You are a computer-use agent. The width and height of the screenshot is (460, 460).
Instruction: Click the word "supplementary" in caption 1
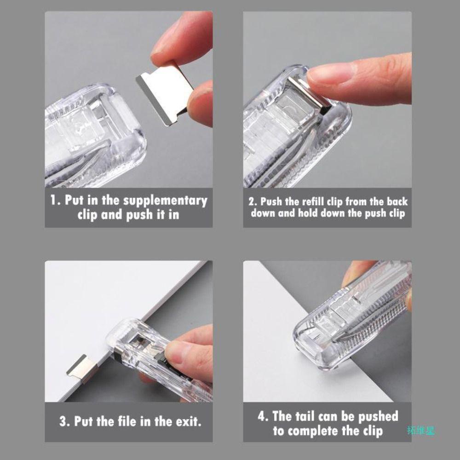click(165, 201)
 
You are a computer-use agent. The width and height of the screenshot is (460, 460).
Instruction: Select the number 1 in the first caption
click(53, 200)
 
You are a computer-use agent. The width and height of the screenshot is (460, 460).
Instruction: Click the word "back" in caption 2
click(397, 201)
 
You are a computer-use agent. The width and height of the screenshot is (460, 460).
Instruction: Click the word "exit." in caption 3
click(189, 421)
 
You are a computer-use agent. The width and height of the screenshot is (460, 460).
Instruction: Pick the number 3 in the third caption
click(63, 421)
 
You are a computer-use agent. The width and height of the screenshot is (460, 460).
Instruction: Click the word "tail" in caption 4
click(301, 416)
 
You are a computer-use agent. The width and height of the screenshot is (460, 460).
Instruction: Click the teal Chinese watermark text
click(420, 431)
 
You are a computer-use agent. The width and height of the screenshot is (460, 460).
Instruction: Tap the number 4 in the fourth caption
click(262, 416)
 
